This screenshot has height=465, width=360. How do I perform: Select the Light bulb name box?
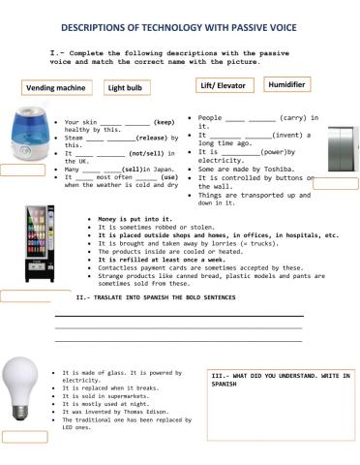(130, 87)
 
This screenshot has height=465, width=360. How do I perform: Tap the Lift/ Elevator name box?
(220, 85)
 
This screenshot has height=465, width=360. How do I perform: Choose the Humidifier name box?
(286, 84)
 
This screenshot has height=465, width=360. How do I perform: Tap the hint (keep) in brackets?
(164, 123)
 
